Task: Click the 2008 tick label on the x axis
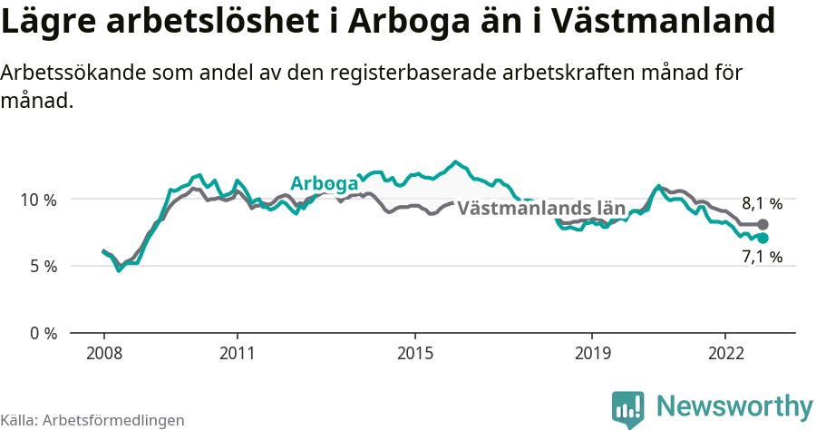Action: (103, 352)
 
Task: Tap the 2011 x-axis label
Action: (237, 352)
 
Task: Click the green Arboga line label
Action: (324, 184)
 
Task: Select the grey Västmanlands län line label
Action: (541, 208)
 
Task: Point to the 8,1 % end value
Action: (762, 204)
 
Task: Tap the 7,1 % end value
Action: (762, 257)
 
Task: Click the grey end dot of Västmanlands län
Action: (763, 224)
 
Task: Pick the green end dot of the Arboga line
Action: (763, 238)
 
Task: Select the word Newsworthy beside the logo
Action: (734, 406)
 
